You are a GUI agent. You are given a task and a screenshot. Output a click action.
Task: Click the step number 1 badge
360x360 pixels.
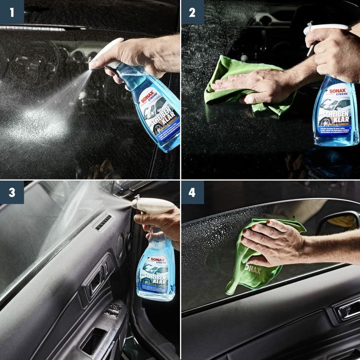click(11, 11)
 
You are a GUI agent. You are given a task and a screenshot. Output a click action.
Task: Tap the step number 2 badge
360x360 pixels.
click(192, 11)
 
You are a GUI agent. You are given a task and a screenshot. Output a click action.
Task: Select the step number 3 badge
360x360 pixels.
click(11, 192)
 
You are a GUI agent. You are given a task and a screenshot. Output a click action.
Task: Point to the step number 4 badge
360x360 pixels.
click(192, 192)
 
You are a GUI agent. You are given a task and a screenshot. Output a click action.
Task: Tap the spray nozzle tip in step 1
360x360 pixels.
click(91, 65)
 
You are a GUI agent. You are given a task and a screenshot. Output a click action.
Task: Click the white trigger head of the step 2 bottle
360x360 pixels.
click(324, 28)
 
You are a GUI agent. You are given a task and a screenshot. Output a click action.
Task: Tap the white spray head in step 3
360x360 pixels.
click(152, 205)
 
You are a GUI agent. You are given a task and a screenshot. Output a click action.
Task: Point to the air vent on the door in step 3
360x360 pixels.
click(103, 223)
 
